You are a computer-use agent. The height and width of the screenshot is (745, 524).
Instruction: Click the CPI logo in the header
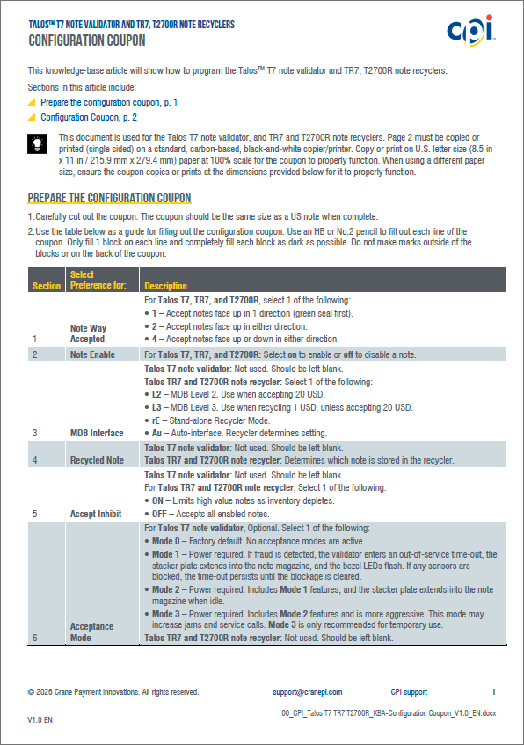tap(470, 31)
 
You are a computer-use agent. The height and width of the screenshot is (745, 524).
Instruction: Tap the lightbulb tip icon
tap(38, 143)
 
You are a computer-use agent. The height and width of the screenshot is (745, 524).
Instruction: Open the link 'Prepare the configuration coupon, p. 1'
tap(109, 102)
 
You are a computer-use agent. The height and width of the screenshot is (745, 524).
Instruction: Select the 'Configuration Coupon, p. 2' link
tap(89, 117)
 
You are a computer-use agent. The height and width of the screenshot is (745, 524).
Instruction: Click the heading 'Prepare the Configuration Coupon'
tap(109, 198)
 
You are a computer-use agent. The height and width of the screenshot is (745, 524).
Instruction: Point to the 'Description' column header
tap(165, 286)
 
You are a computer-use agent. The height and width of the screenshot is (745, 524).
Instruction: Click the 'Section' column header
tap(47, 286)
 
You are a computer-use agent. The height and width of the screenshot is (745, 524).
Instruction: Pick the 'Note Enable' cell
tap(92, 354)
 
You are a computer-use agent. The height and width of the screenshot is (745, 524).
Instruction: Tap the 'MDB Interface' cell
tap(97, 433)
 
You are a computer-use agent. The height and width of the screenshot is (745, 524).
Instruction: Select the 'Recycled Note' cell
tap(97, 460)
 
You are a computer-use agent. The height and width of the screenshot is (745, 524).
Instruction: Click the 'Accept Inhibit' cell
tap(96, 514)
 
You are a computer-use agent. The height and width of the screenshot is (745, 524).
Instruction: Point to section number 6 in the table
tap(34, 638)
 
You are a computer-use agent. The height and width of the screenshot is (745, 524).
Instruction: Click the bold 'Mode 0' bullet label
tap(166, 541)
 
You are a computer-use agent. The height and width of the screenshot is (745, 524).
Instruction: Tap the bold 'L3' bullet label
tap(156, 407)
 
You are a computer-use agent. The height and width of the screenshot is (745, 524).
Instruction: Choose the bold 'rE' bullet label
tap(156, 420)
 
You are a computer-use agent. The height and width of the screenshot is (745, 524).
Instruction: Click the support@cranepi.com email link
tap(308, 692)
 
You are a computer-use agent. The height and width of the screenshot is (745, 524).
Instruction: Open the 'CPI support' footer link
tap(409, 692)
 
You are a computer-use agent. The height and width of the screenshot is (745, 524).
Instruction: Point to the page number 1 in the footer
tap(493, 691)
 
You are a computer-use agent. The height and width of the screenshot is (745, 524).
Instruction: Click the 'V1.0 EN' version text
tap(40, 720)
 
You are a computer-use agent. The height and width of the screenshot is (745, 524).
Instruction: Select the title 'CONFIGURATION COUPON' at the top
tap(87, 40)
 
